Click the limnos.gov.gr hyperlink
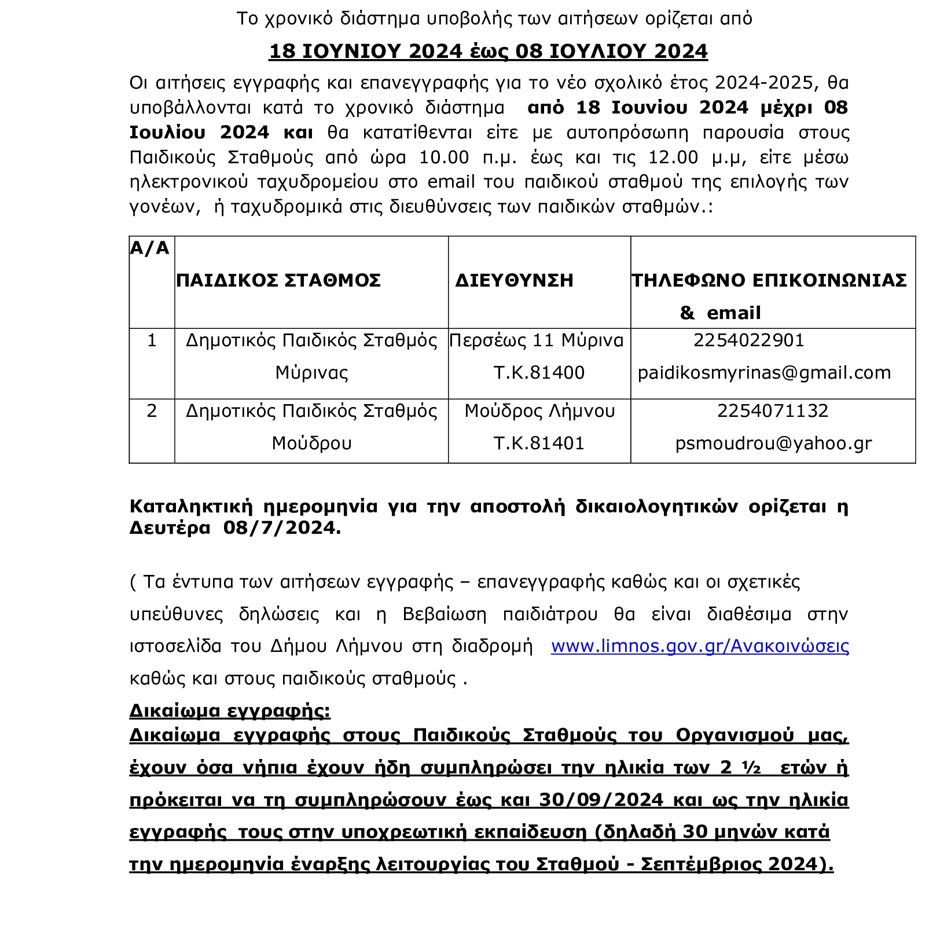click(x=699, y=646)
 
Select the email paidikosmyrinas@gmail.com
click(x=764, y=372)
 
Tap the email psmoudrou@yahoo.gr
click(x=773, y=443)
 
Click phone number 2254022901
click(x=748, y=340)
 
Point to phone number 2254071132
click(x=772, y=410)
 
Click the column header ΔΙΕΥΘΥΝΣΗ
click(x=514, y=280)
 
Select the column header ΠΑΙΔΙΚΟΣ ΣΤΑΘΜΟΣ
click(x=278, y=280)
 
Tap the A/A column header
click(x=149, y=248)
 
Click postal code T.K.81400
click(x=539, y=372)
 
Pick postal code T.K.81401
click(x=539, y=443)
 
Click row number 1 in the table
click(x=152, y=340)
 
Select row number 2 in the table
click(x=152, y=410)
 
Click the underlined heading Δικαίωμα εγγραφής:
click(x=230, y=710)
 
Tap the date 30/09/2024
click(x=601, y=800)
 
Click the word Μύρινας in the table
click(x=311, y=372)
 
